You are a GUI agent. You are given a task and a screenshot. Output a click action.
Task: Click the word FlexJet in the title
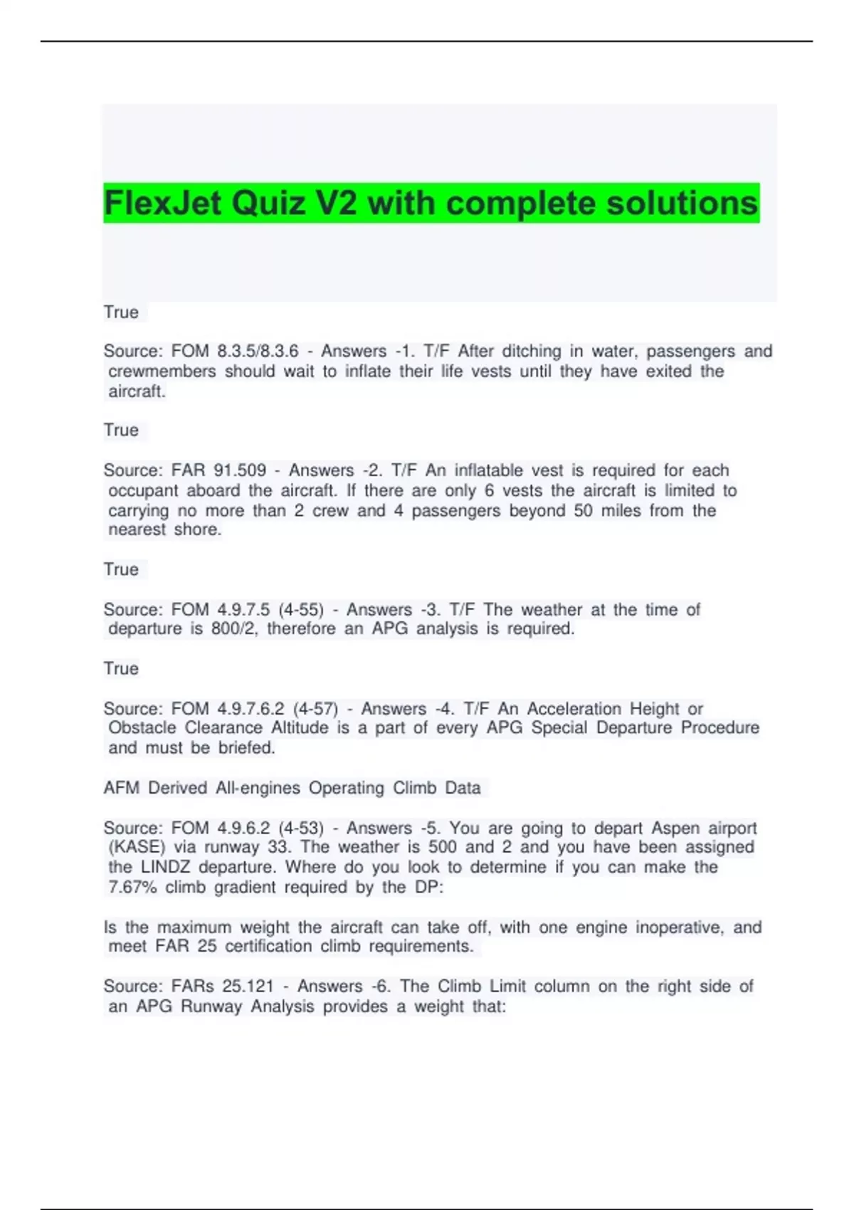163,204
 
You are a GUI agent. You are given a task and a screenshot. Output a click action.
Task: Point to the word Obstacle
142,728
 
